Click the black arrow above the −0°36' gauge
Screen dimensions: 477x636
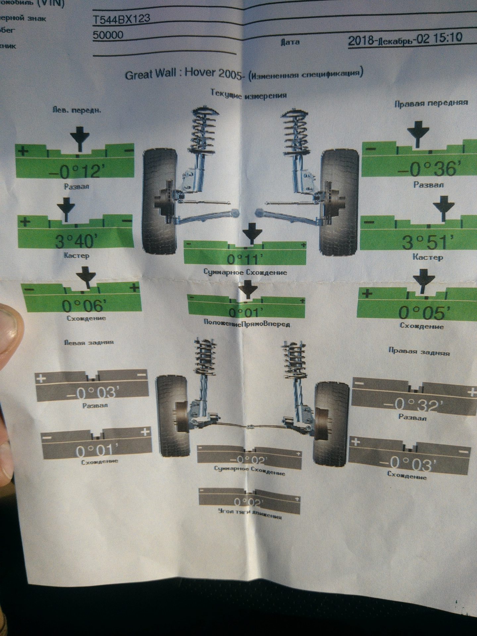[x=418, y=134]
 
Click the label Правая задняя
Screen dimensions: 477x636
[x=419, y=351]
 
